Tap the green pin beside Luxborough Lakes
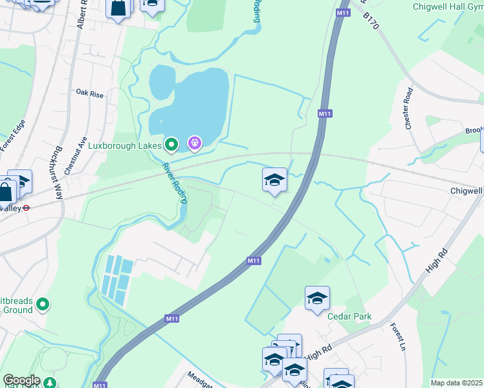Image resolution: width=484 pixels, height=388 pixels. coord(171,145)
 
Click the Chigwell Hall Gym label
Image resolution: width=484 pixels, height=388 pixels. coord(447,6)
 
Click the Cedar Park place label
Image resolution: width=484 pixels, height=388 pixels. coord(349,317)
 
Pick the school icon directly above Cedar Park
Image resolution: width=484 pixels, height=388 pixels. coord(317,298)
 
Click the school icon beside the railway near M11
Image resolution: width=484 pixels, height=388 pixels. coord(274,180)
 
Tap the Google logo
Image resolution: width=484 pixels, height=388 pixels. coord(21,381)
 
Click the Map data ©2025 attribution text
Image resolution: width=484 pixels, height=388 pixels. coord(456,383)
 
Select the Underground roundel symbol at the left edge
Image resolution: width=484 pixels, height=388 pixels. coord(27,208)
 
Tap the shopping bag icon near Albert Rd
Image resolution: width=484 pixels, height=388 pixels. coord(118,8)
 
